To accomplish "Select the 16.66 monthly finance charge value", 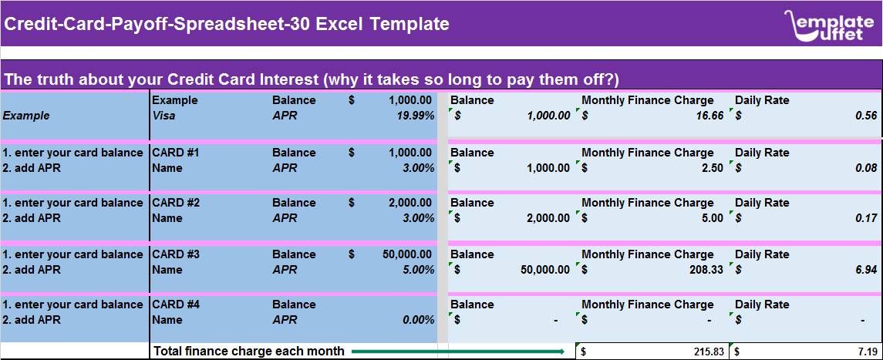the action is [x=709, y=116].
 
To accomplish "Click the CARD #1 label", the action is [x=175, y=153].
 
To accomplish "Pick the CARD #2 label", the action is [x=176, y=203].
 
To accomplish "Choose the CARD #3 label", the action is [x=176, y=254].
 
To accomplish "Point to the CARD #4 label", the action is [x=176, y=304].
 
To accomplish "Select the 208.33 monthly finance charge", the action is [x=706, y=270].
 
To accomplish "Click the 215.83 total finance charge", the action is [x=706, y=352].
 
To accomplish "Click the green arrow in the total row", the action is [x=458, y=352].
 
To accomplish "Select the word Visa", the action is [x=163, y=116].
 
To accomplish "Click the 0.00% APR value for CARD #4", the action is [x=419, y=320].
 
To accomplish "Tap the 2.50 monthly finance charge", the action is [x=713, y=167].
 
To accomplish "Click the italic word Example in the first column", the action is [x=26, y=116].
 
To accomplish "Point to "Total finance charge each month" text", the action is [x=249, y=352].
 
